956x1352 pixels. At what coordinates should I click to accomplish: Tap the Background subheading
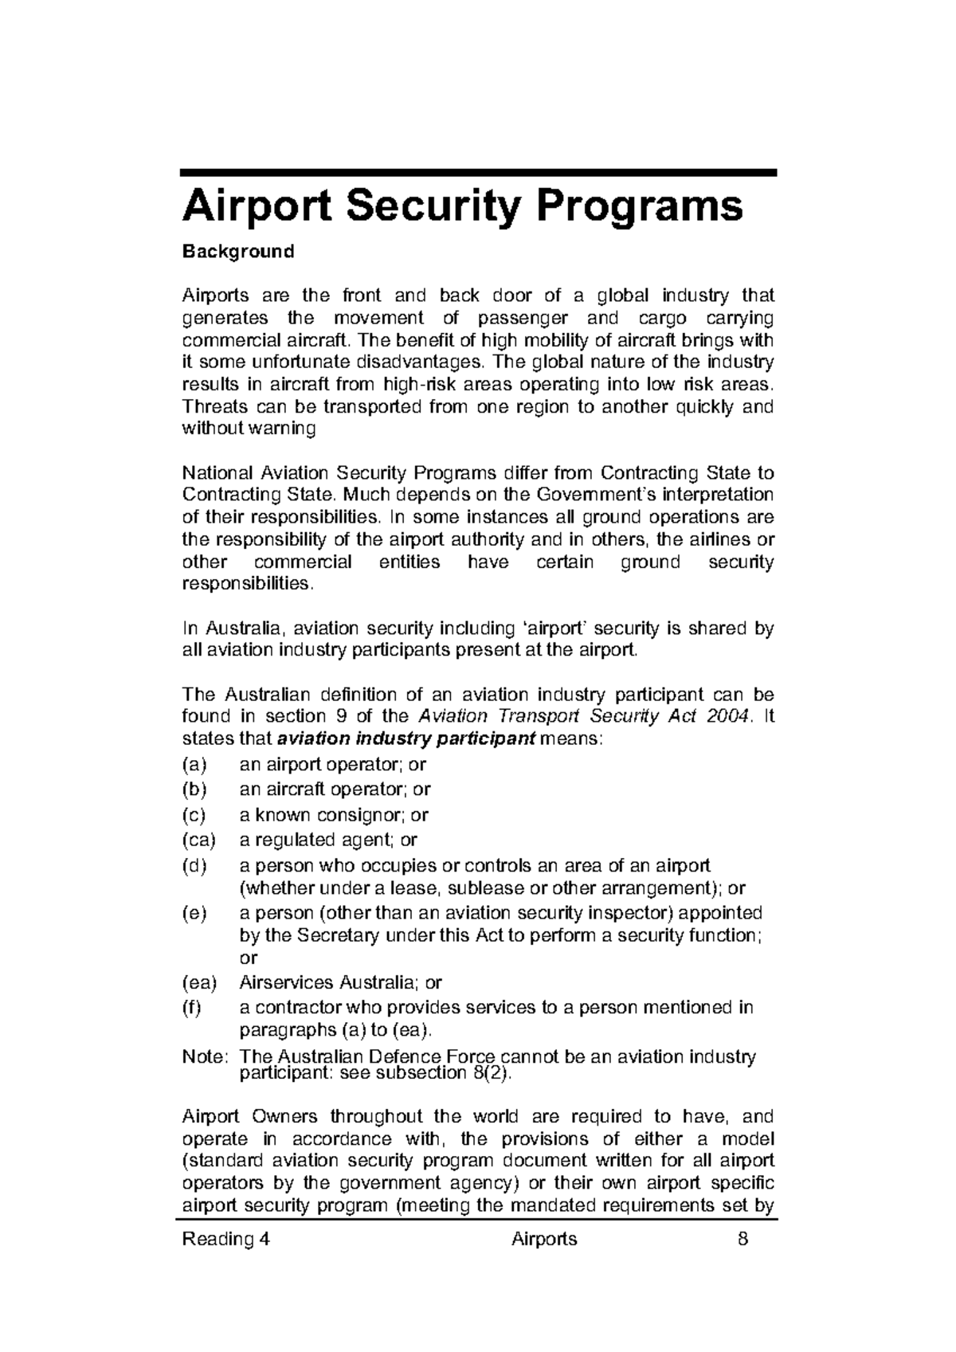pyautogui.click(x=238, y=252)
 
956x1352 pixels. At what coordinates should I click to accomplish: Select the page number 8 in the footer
pyautogui.click(x=742, y=1239)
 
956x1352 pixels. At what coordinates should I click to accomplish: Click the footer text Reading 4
pyautogui.click(x=226, y=1239)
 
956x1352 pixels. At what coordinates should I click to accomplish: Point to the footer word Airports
pyautogui.click(x=544, y=1239)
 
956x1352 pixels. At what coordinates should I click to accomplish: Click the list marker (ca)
pyautogui.click(x=199, y=840)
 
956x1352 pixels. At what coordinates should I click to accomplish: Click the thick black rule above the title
pyautogui.click(x=478, y=172)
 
